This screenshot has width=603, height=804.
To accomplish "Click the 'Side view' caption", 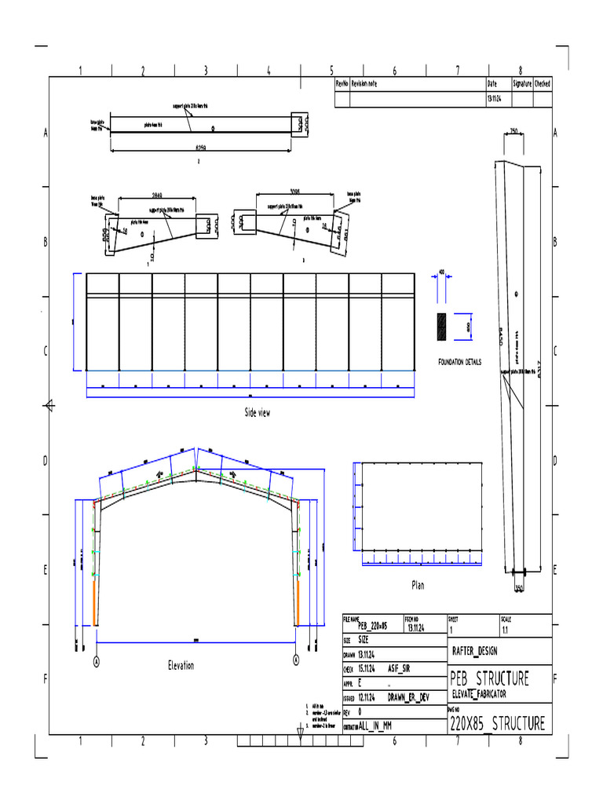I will coord(257,413).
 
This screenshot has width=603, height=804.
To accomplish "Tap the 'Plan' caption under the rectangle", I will coord(418,585).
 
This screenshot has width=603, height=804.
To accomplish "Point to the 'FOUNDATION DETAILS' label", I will coord(460,362).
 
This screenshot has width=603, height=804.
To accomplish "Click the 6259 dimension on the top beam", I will coord(200,147).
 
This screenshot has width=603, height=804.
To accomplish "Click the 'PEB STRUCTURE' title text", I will coord(488,678).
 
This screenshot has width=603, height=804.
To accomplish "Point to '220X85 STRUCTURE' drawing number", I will coord(496,724).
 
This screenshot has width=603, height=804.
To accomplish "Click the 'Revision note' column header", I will coord(364,83).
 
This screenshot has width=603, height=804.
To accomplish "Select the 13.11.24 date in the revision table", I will coord(494,100).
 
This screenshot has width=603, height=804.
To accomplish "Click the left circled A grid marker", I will coord(97,661).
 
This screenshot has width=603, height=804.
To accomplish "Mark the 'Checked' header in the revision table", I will coord(543,83).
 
